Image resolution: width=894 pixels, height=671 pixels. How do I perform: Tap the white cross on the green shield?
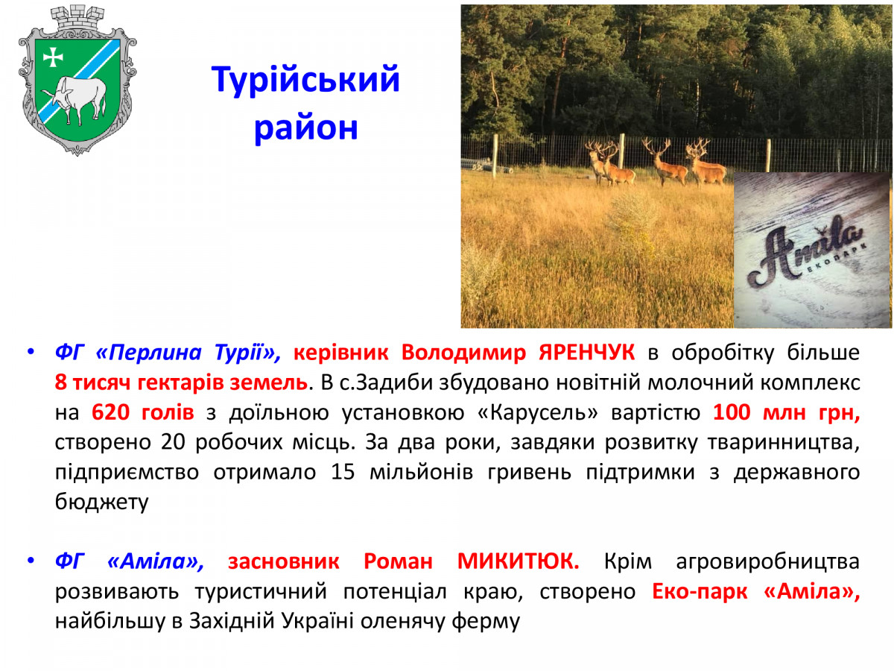click(53, 57)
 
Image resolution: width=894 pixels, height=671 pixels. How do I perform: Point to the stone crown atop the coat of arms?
click(77, 19)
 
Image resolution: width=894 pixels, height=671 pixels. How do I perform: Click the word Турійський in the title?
click(305, 80)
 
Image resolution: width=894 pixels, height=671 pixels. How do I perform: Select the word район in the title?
click(306, 128)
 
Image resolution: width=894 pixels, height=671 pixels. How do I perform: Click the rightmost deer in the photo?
click(705, 163)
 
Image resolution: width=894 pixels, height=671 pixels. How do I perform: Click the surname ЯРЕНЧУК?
click(587, 353)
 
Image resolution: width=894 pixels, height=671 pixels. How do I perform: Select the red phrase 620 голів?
click(142, 412)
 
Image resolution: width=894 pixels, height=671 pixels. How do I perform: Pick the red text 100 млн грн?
click(786, 412)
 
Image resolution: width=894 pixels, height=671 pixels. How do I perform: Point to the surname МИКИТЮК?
click(518, 561)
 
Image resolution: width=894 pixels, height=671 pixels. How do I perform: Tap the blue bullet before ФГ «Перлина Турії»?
click(30, 352)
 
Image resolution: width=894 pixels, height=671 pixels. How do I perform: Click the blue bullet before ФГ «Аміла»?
click(30, 561)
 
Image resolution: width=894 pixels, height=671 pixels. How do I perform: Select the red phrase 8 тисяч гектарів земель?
click(181, 382)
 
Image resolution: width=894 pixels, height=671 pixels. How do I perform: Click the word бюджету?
click(102, 502)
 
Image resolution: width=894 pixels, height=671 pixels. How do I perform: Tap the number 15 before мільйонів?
click(343, 472)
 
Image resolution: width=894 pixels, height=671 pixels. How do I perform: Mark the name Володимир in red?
click(463, 353)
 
